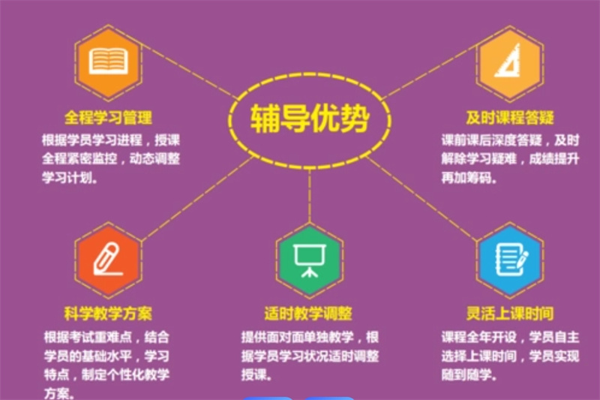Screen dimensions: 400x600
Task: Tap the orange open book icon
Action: [x=109, y=62]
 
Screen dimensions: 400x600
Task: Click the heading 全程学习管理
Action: [x=109, y=118]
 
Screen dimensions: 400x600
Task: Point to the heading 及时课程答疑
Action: [x=509, y=118]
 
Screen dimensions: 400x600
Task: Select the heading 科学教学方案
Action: [x=108, y=312]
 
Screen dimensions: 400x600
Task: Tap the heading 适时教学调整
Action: [x=308, y=312]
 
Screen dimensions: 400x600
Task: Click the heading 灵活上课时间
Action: [x=509, y=312]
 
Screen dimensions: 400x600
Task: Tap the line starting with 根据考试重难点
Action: [x=111, y=335]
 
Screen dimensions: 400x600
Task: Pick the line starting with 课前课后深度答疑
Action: [x=510, y=140]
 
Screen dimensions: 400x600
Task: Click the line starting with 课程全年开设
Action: [x=510, y=335]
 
